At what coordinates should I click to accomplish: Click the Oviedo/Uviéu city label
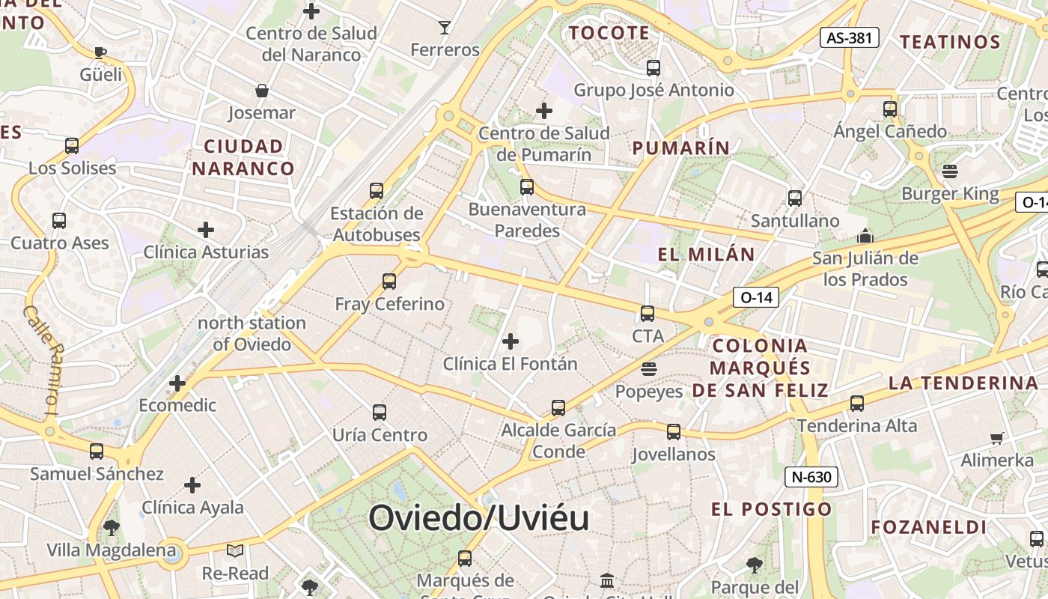tap(478, 517)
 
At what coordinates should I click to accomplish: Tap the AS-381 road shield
tap(849, 37)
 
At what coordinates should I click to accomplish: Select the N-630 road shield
tap(811, 477)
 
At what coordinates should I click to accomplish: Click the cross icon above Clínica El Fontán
tap(511, 342)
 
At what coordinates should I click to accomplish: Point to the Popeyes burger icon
tap(649, 369)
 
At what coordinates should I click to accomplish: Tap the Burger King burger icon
tap(950, 171)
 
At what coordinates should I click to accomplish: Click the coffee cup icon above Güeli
tap(100, 52)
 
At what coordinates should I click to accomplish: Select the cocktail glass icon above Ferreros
tap(445, 28)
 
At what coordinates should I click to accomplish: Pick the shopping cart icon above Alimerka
tap(996, 438)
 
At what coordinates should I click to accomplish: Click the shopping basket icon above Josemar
tap(262, 91)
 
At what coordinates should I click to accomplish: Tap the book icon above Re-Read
tap(235, 551)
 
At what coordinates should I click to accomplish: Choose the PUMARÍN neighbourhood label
tap(680, 148)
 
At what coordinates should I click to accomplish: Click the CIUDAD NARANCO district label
tap(243, 157)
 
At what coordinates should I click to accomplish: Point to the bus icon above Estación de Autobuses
tap(377, 191)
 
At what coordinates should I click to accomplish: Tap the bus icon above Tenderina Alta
tap(857, 404)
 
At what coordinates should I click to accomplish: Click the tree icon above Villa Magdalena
tap(112, 528)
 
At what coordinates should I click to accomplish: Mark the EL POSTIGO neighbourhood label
tap(771, 510)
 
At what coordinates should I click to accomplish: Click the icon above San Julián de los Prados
tap(865, 237)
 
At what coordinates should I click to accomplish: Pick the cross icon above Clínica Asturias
tap(206, 230)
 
